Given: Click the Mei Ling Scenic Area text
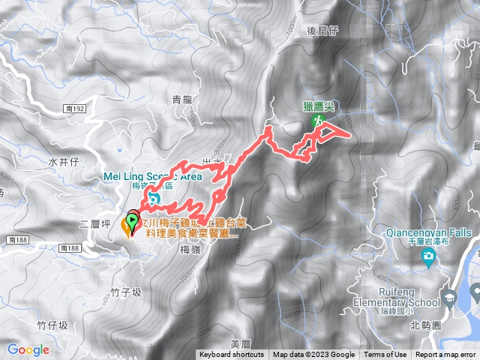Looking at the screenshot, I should point(152,177).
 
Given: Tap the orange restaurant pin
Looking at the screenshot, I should point(125,226).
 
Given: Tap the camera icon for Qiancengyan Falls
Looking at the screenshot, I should point(428,259).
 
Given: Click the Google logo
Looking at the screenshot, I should point(28,349).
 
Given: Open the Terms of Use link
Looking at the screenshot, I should point(386,355).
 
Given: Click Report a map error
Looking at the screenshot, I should point(446,355).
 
